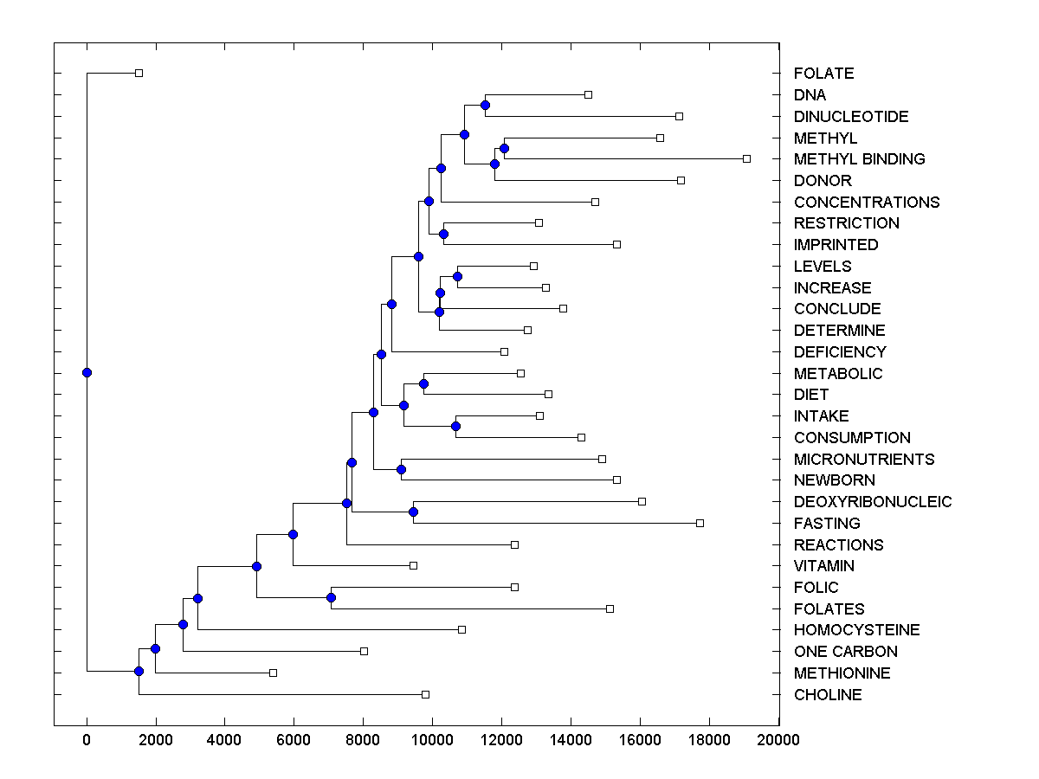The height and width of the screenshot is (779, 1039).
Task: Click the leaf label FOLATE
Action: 823,74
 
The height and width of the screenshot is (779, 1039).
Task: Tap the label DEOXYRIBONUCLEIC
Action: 872,502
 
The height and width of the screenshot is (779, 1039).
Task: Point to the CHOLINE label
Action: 828,695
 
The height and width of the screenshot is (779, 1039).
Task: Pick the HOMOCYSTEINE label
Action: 856,630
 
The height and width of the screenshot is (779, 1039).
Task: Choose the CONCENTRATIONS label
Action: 866,203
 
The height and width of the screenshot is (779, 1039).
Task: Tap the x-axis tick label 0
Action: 87,740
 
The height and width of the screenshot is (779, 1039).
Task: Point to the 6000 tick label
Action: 294,740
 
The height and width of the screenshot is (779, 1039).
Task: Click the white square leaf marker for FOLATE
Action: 139,73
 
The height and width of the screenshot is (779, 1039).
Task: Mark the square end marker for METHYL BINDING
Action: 746,158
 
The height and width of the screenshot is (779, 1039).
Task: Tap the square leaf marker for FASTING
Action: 700,523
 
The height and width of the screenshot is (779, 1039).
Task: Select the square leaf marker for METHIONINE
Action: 273,673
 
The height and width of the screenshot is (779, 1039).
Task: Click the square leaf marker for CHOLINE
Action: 425,694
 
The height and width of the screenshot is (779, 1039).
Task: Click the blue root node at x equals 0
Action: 87,372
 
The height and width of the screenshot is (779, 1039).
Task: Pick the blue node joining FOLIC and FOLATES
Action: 331,597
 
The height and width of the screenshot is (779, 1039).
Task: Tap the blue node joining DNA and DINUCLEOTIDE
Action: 485,105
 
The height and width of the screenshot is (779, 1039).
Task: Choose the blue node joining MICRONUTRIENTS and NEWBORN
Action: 401,469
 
